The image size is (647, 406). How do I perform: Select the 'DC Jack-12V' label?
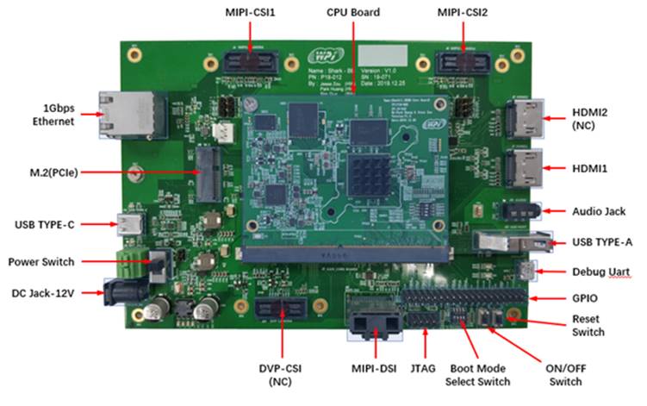click(42, 295)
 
